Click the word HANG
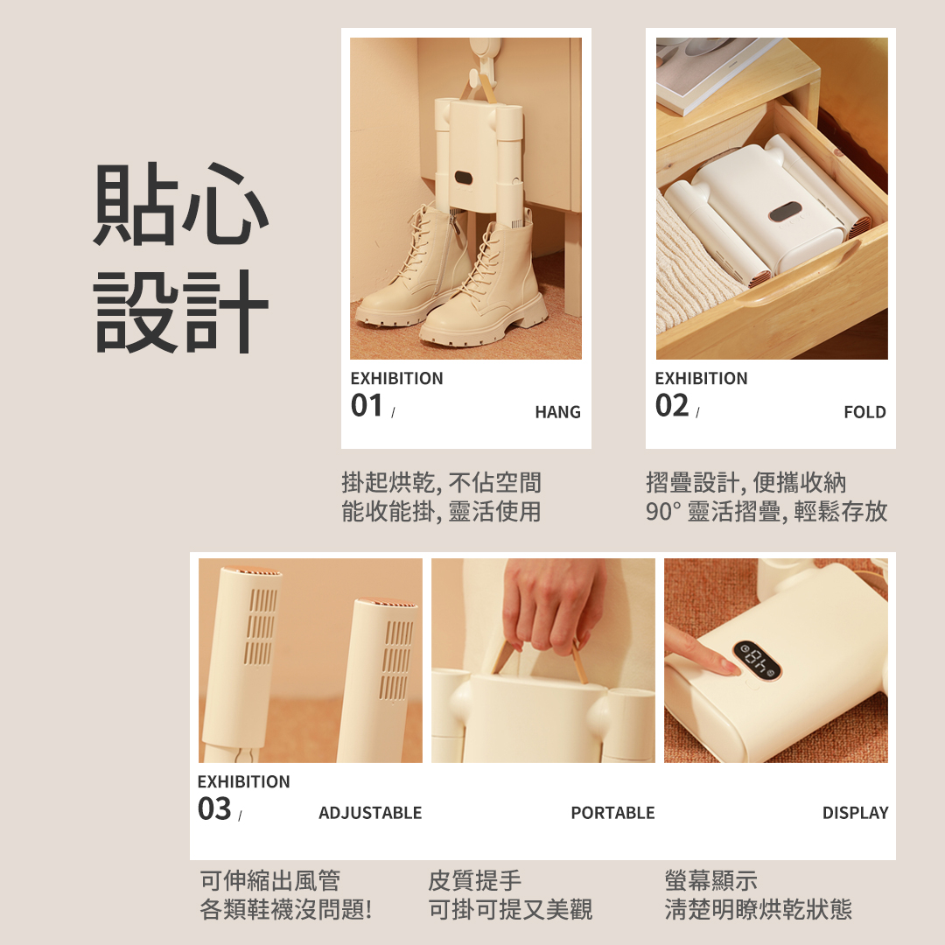(x=557, y=412)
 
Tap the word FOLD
(x=864, y=412)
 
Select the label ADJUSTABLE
(x=370, y=813)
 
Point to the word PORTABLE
(x=612, y=813)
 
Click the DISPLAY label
(x=855, y=813)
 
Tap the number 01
(x=367, y=406)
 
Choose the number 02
(x=671, y=406)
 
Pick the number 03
(x=214, y=808)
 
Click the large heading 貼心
(x=181, y=204)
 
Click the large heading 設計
(x=181, y=311)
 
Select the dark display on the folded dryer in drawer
(x=785, y=212)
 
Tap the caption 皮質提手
(x=475, y=880)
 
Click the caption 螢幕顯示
(x=711, y=880)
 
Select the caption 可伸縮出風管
(x=270, y=880)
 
